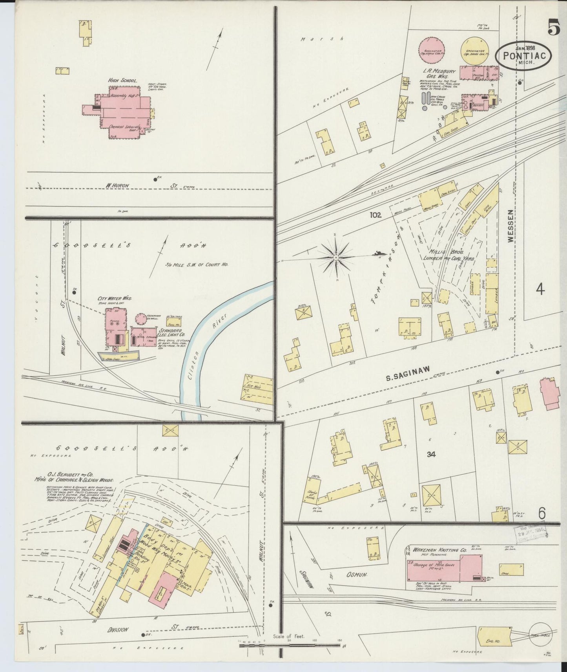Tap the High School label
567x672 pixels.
pyautogui.click(x=123, y=81)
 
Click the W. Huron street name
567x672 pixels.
pyautogui.click(x=117, y=185)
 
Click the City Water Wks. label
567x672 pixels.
pyautogui.click(x=115, y=299)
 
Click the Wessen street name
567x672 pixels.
pyautogui.click(x=510, y=231)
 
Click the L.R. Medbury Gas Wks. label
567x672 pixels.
pyautogui.click(x=439, y=74)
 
